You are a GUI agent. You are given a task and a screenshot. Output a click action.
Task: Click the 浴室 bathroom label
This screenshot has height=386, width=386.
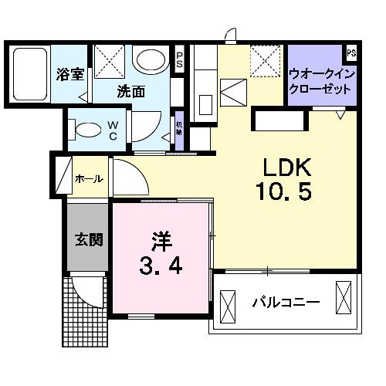click(70, 75)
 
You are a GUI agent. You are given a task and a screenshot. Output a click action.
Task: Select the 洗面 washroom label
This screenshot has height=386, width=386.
click(130, 91)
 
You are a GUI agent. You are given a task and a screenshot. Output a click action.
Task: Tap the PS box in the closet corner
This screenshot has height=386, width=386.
click(351, 53)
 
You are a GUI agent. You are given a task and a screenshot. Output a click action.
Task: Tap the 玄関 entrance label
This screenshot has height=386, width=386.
click(86, 239)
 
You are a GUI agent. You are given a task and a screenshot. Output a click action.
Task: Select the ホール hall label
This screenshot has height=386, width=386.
click(88, 179)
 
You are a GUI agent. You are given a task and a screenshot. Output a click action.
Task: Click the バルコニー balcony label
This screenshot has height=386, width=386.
click(286, 302)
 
